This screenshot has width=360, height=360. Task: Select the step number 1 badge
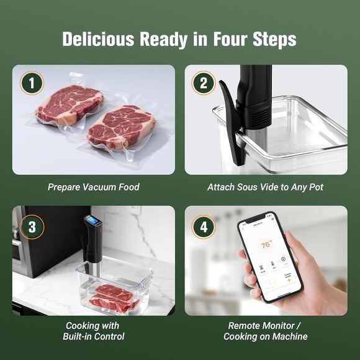pos(32,83)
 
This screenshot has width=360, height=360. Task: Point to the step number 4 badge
pos(204,227)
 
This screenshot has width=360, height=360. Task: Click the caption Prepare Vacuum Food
pos(93,187)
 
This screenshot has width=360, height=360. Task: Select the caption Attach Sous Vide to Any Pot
pos(265,187)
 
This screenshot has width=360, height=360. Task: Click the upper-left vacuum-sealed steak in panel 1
pos(69,104)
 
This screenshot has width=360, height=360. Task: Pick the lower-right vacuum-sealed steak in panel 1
pos(120,127)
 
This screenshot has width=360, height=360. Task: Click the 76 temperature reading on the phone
pos(266,245)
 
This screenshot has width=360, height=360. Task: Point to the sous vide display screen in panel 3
pos(94,221)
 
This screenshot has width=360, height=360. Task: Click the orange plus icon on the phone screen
pos(288,280)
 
